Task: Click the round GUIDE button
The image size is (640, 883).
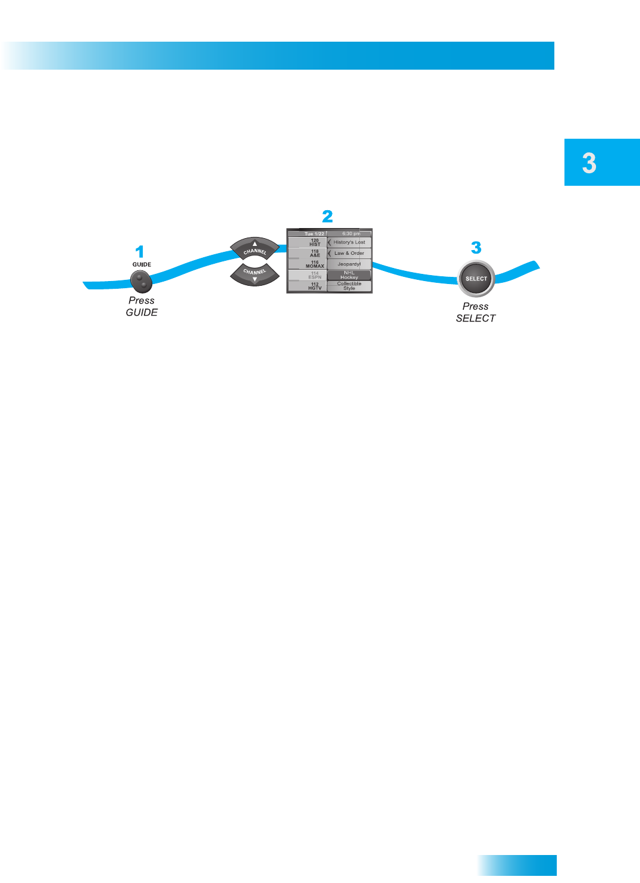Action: tap(141, 280)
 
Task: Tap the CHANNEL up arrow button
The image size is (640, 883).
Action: tap(255, 248)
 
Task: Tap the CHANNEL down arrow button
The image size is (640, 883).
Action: tap(255, 274)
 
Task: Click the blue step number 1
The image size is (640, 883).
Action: tap(140, 252)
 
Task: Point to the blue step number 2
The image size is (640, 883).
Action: tap(327, 216)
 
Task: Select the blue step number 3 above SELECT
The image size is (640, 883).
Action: tap(476, 248)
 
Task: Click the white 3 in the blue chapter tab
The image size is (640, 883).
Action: tap(589, 163)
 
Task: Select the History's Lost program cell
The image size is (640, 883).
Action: tap(349, 242)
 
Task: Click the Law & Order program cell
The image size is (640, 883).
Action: tap(349, 253)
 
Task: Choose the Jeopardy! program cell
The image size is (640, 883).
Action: tap(349, 264)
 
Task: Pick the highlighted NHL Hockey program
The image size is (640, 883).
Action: tap(349, 275)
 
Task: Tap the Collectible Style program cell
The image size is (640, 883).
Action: tap(349, 286)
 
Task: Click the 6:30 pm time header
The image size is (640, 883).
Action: tap(351, 233)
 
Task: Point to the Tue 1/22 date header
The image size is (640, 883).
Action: tap(314, 233)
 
